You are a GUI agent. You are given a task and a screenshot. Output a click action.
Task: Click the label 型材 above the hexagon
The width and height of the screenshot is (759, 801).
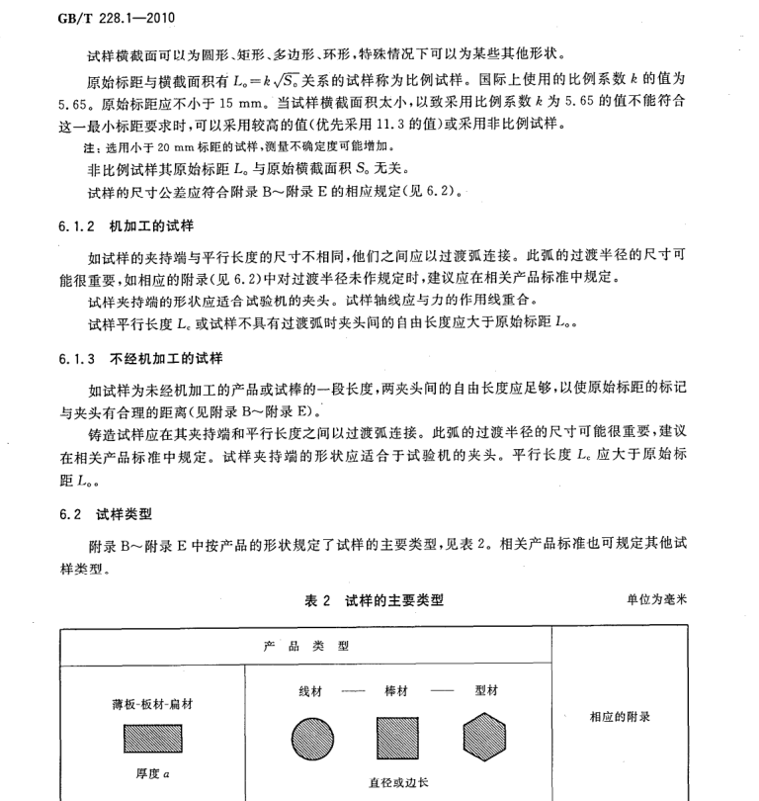[x=487, y=690]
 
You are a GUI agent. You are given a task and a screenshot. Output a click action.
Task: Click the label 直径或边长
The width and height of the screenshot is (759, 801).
[x=399, y=782]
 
